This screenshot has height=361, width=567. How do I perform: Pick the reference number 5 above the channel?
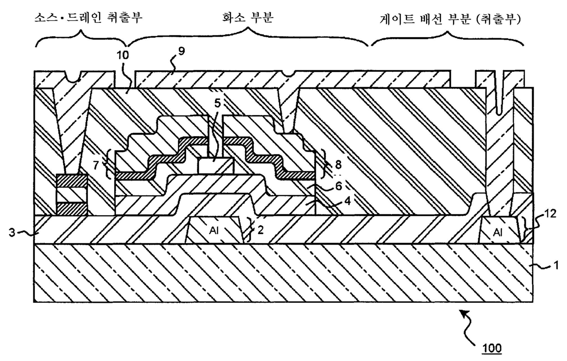click(x=218, y=103)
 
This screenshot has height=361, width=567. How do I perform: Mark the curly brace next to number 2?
click(x=250, y=230)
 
